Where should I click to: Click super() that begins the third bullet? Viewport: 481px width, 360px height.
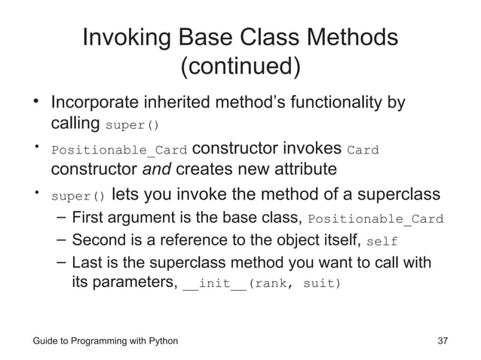78,197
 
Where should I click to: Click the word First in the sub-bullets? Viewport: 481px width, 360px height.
87,219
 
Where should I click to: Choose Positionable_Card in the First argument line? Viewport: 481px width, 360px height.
376,221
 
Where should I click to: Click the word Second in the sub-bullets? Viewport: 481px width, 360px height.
101,241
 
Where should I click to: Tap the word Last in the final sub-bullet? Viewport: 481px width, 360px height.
86,263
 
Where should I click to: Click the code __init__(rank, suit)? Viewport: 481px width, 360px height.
262,285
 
